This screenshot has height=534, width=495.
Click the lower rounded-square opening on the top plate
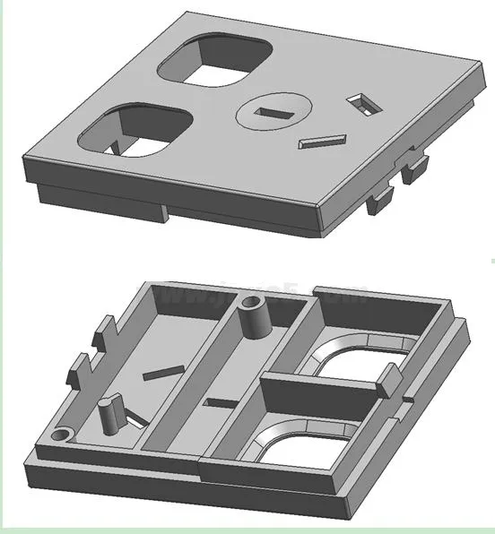(135, 132)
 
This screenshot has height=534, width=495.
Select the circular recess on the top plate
(274, 113)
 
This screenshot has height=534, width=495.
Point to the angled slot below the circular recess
(322, 141)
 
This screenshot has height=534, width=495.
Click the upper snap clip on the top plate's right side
(417, 167)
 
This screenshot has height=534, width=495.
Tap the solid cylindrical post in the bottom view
(111, 413)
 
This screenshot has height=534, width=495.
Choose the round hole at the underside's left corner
(60, 435)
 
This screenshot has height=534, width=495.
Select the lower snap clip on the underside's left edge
(76, 370)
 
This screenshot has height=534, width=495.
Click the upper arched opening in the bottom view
(354, 357)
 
